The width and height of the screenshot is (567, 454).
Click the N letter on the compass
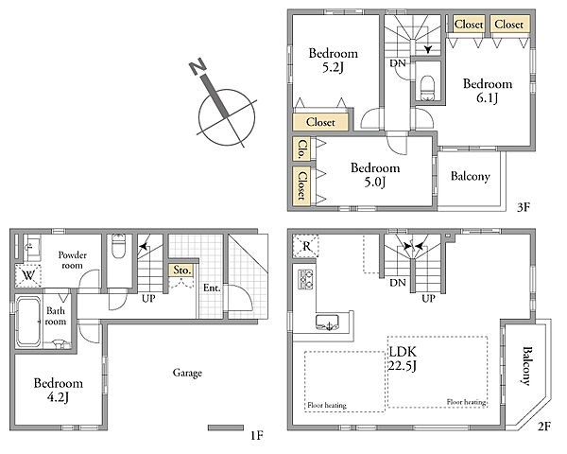click(198, 67)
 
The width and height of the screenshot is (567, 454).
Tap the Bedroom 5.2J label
click(333, 61)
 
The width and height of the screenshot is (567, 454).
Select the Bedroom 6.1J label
click(488, 91)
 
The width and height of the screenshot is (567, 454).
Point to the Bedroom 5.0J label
click(375, 174)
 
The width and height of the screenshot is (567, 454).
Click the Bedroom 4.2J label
click(59, 390)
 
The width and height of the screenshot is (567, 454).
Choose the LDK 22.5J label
click(403, 358)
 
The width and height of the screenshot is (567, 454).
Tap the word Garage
click(187, 373)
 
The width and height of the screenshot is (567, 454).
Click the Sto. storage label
click(181, 271)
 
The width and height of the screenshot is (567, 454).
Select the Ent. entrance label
click(212, 288)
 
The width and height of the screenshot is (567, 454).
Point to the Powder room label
click(73, 260)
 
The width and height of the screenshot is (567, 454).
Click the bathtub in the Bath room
click(28, 322)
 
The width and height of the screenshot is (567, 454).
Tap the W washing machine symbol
click(27, 276)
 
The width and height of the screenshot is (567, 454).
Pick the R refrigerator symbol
click(306, 246)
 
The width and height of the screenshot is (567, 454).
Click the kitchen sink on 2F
click(327, 323)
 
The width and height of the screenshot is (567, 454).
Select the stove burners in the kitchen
click(305, 279)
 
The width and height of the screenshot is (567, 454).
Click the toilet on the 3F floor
click(427, 88)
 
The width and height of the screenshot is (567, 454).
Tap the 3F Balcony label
click(470, 176)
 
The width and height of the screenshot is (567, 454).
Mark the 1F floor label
click(257, 435)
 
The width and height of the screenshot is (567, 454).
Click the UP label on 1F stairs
click(148, 299)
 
